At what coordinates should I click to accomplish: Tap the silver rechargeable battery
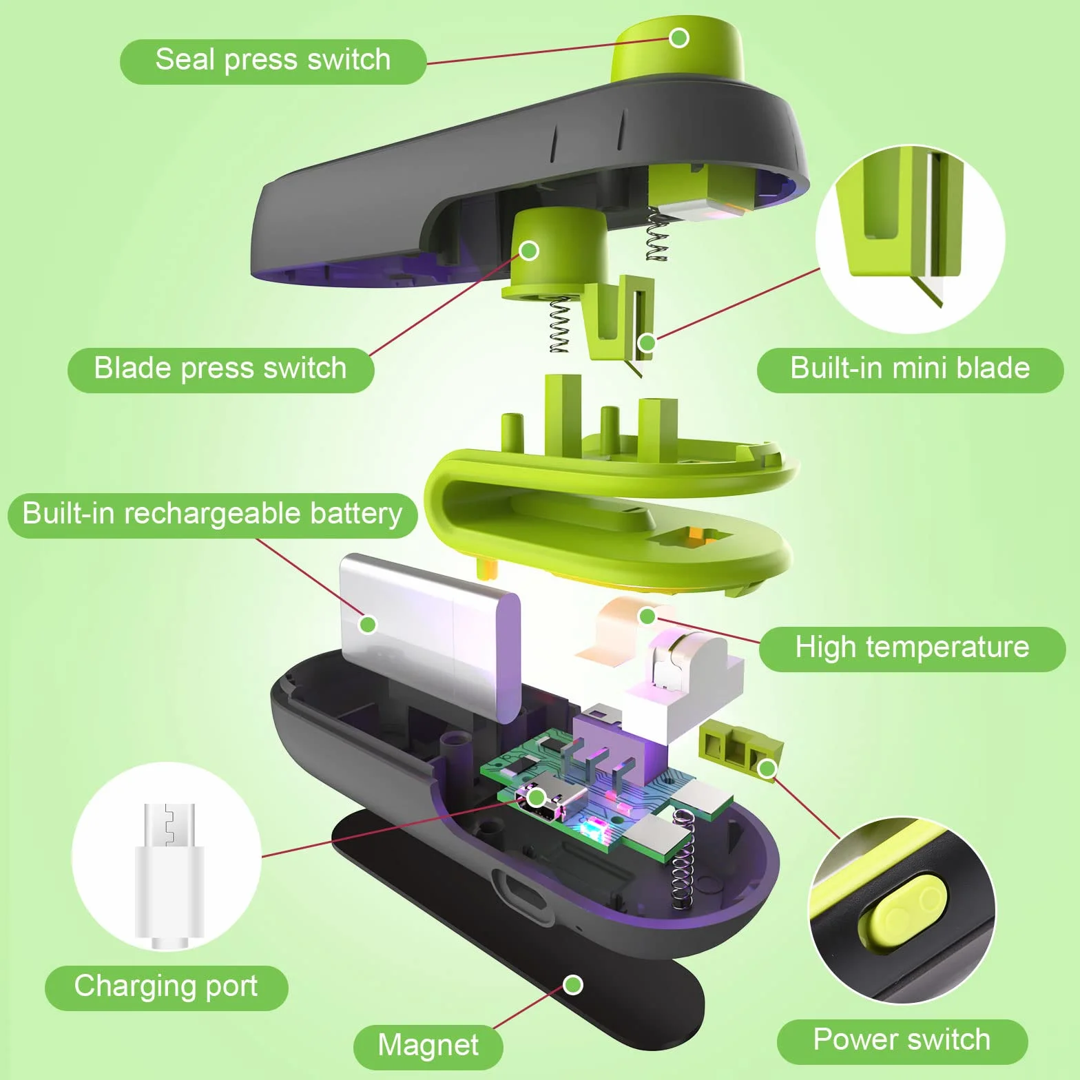point(430,637)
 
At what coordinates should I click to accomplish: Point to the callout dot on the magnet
point(573,985)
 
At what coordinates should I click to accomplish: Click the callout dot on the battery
point(368,625)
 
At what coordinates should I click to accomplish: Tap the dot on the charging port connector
point(536,798)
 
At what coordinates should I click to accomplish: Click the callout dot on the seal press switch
point(679,37)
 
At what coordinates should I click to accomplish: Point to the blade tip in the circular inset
point(939,306)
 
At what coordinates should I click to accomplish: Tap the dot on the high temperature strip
point(647,616)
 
